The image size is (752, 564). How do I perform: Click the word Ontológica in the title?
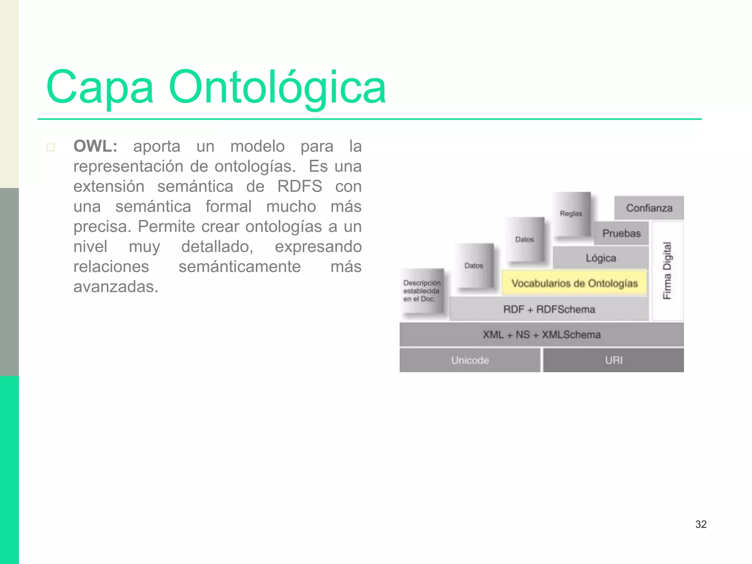(x=277, y=88)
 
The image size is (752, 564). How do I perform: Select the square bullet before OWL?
(x=51, y=147)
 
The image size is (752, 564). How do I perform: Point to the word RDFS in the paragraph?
(x=300, y=186)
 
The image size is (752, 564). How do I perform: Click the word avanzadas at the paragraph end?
(x=116, y=286)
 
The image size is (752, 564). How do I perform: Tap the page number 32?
(x=701, y=524)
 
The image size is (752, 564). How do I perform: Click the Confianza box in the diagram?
(x=649, y=208)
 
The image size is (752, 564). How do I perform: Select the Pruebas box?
(x=621, y=233)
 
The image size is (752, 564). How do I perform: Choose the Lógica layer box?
(x=601, y=258)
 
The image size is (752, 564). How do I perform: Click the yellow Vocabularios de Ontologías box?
(x=574, y=283)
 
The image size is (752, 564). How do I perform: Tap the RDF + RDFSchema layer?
(x=549, y=309)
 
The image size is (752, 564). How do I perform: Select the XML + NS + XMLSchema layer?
(x=542, y=335)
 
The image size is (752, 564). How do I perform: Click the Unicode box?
(x=470, y=360)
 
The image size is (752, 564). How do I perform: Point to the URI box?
(x=614, y=360)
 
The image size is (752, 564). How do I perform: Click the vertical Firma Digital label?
(x=667, y=271)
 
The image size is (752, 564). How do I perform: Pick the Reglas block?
(x=571, y=214)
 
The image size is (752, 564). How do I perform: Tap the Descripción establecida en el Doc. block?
(x=422, y=291)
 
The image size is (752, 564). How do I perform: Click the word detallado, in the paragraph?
(x=217, y=246)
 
